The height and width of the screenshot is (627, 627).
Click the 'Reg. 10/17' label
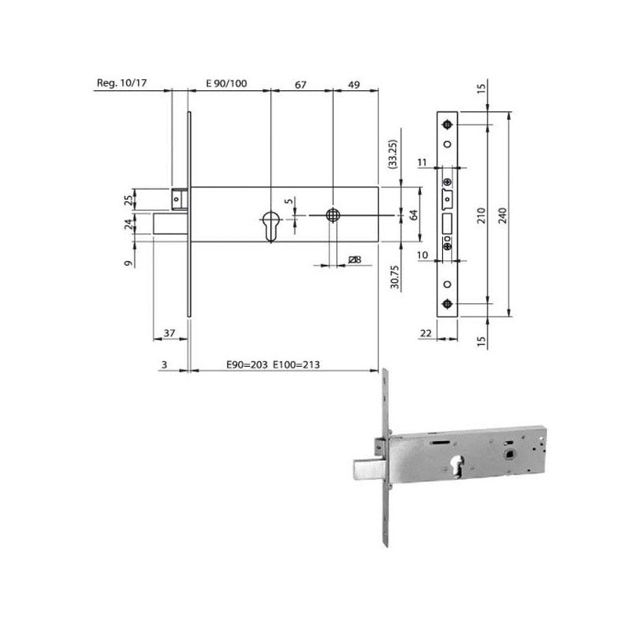coord(121,83)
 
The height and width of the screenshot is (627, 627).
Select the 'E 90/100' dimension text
coord(227,84)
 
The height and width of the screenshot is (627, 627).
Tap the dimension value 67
coord(300,85)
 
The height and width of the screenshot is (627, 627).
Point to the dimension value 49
coord(354,85)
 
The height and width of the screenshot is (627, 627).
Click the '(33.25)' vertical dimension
coord(393,154)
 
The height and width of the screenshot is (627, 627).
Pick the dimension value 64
coord(414,215)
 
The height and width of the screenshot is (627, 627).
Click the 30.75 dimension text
coord(395,277)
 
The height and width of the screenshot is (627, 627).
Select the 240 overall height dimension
coord(503,215)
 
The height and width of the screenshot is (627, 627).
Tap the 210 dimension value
coord(481,215)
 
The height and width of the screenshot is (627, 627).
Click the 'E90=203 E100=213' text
coord(273,364)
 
